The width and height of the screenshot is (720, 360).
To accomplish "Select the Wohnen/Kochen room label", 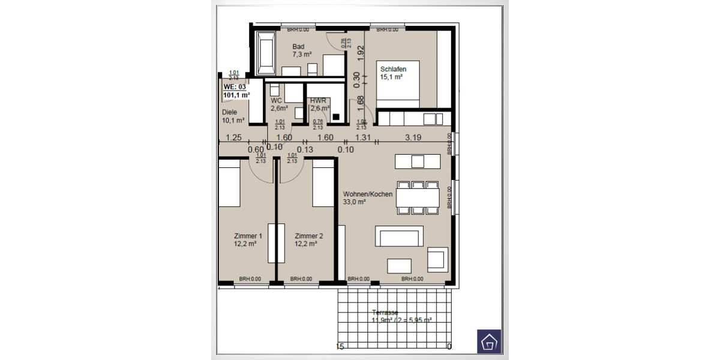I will tap(368, 198).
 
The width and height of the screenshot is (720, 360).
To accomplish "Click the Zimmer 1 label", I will tap(248, 240).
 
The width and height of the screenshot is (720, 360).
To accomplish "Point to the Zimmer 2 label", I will tap(309, 240).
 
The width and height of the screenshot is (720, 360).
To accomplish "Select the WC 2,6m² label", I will tap(279, 104).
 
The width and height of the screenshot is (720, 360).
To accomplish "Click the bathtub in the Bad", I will tap(265, 51).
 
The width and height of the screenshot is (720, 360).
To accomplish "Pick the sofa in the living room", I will tap(399, 236).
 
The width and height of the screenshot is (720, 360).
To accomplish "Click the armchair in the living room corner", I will tap(436, 259).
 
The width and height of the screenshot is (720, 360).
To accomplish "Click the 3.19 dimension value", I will tap(413, 137).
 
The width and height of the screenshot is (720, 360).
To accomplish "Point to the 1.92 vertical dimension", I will tap(361, 52).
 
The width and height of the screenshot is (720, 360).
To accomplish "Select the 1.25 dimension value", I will tap(233, 137).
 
